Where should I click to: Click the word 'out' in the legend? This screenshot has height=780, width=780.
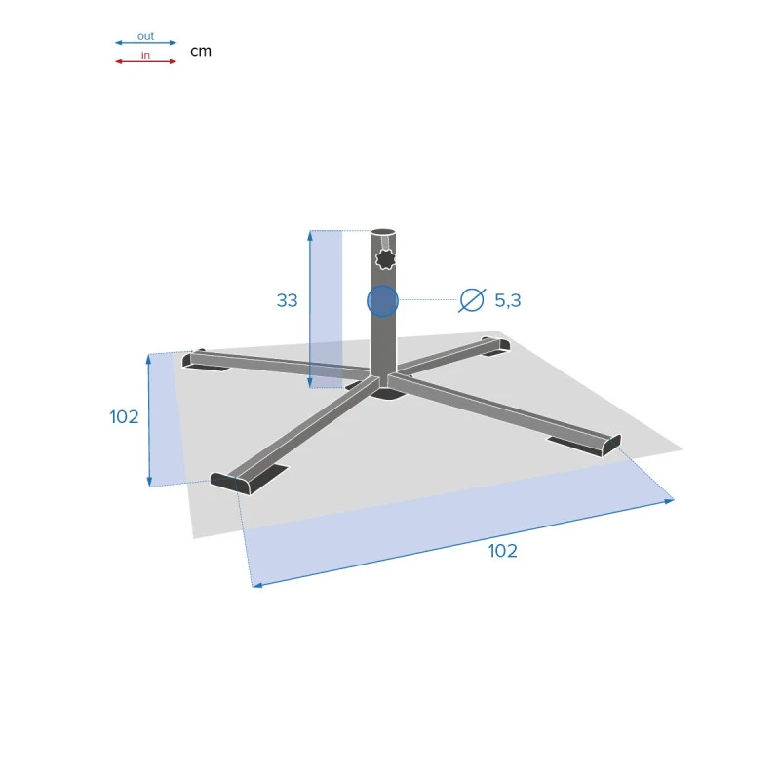click(145, 36)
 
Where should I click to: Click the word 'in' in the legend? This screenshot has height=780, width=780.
click(145, 55)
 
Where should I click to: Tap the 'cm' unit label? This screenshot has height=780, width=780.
click(201, 51)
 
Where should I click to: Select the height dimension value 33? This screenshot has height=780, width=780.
click(287, 301)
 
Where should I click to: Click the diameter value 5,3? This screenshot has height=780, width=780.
click(508, 301)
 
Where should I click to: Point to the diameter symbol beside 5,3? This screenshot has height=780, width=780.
click(472, 301)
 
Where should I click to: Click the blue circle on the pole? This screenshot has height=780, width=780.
click(382, 301)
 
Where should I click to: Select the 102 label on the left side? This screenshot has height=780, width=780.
click(124, 417)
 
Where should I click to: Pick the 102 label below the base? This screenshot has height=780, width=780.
click(503, 551)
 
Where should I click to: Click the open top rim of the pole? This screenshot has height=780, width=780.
click(384, 233)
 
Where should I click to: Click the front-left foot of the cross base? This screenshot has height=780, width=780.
click(234, 483)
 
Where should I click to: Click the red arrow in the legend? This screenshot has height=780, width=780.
click(145, 61)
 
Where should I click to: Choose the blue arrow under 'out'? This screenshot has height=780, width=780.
click(145, 43)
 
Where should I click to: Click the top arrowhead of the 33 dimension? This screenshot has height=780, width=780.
click(310, 235)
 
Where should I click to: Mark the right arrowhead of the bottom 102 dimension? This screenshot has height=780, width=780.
click(670, 500)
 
